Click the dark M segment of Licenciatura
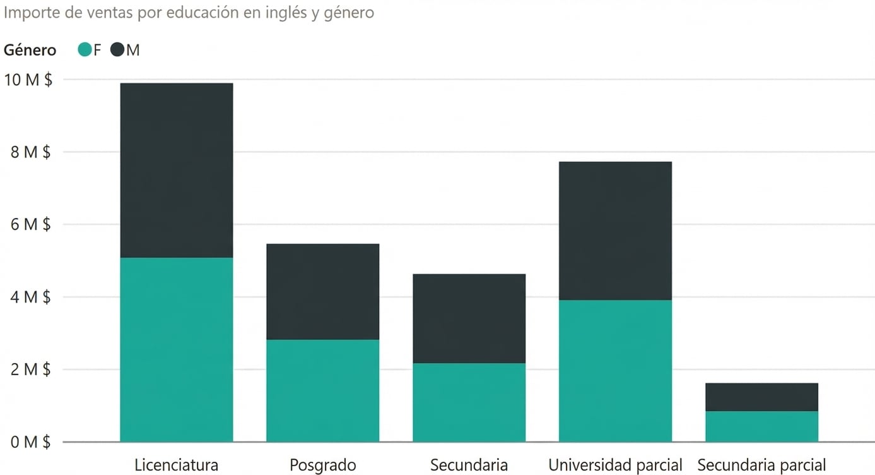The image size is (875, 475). (x=176, y=170)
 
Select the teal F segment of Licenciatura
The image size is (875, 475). (x=176, y=349)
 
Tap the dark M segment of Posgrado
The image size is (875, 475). (x=322, y=291)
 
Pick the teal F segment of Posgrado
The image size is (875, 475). (x=322, y=390)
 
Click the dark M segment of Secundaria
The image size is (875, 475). (x=469, y=318)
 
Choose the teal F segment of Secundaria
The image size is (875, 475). (x=469, y=402)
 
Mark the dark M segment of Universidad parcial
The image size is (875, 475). (x=615, y=231)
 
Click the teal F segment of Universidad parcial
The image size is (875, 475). (x=615, y=371)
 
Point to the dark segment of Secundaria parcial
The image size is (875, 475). (x=761, y=397)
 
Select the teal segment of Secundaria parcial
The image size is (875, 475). (x=761, y=426)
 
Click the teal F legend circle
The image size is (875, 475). (x=85, y=50)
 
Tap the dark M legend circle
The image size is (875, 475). (x=117, y=50)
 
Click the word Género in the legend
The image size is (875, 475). (x=30, y=50)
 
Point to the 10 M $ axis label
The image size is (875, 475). (x=28, y=80)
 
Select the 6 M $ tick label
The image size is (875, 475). (x=28, y=224)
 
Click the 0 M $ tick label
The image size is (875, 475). (x=28, y=442)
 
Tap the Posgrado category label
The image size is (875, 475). (x=322, y=466)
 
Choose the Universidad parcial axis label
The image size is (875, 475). (x=615, y=466)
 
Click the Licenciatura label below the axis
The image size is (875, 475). (x=176, y=466)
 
